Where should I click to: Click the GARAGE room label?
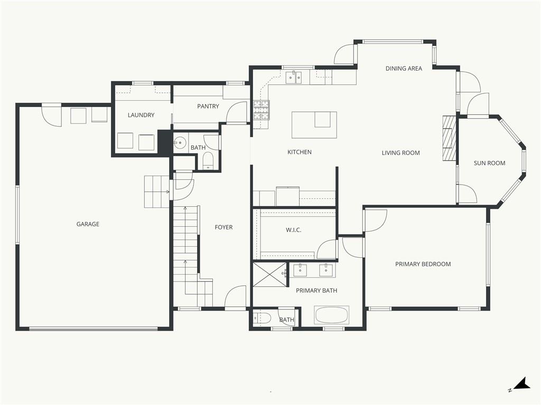click(88, 224)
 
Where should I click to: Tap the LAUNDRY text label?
click(141, 115)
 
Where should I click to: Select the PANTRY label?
click(208, 107)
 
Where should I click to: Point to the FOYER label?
click(223, 227)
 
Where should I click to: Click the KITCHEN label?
click(300, 152)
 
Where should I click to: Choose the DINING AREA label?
click(404, 69)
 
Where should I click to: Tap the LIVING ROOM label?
click(400, 153)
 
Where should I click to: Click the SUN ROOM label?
click(489, 163)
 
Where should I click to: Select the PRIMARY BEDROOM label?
click(423, 264)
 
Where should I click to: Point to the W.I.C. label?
click(294, 230)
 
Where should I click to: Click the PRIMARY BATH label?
click(316, 291)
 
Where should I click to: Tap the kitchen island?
click(314, 124)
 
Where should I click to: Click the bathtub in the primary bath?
click(332, 315)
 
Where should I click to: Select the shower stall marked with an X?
click(270, 274)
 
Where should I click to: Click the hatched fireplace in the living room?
click(447, 138)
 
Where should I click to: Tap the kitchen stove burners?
click(262, 110)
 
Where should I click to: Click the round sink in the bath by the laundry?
click(180, 141)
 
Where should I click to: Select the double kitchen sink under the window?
click(294, 77)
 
